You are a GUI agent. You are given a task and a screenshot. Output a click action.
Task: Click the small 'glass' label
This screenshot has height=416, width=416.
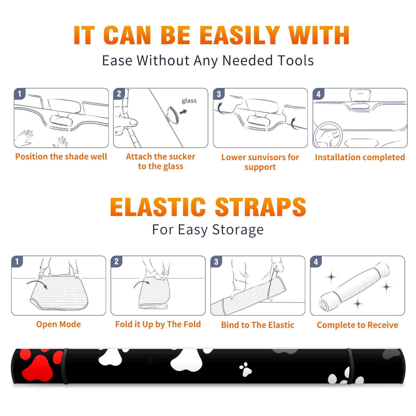[x=189, y=101]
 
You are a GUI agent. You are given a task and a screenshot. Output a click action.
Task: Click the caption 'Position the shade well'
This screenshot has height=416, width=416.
[x=61, y=157]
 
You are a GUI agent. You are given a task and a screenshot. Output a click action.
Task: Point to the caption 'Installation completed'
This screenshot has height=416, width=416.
[x=360, y=157]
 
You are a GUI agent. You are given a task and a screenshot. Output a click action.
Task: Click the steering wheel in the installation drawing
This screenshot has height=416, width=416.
[x=328, y=135]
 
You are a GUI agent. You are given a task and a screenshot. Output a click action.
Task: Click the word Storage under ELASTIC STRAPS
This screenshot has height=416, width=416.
[x=238, y=230]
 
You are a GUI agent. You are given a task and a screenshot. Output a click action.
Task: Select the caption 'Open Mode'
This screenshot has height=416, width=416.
[x=58, y=324]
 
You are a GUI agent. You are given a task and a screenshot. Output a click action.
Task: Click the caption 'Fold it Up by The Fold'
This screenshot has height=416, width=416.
[x=158, y=324]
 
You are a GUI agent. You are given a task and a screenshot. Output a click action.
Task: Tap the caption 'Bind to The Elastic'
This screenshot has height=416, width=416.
[x=258, y=325]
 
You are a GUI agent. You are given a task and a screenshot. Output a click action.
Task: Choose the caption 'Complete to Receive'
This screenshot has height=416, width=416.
[x=357, y=325]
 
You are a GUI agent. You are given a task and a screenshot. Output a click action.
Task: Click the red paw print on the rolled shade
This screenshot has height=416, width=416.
[x=40, y=364]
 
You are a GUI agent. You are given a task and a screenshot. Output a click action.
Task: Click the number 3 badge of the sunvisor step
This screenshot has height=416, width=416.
[x=219, y=94]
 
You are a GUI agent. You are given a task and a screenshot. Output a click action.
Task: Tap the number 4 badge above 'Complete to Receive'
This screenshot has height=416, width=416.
[x=316, y=262]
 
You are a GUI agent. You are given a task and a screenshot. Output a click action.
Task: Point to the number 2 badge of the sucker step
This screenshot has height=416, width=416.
[x=119, y=94]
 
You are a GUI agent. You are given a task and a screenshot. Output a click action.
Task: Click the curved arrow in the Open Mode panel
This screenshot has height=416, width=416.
[x=37, y=284]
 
